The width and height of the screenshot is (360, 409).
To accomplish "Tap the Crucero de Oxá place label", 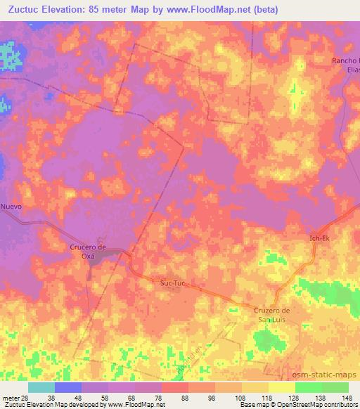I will (x=88, y=251).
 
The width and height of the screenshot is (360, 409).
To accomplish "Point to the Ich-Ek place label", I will (x=319, y=239).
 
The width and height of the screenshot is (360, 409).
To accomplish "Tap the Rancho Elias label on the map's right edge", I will (x=347, y=65).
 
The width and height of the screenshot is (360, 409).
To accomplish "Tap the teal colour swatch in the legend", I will (x=41, y=387).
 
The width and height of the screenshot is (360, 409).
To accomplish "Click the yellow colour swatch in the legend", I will (x=282, y=387).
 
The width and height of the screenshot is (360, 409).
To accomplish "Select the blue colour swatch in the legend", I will (x=68, y=387).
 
